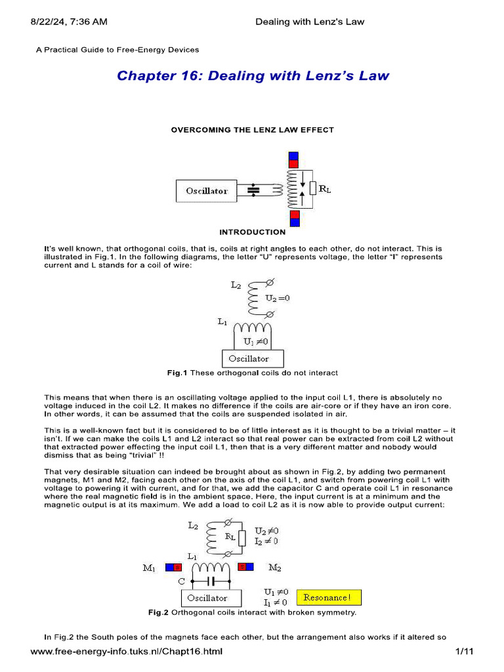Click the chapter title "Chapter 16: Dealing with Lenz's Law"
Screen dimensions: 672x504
coord(253,75)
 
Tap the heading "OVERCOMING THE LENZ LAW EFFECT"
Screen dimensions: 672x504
coord(253,130)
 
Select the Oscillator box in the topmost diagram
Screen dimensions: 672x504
coord(207,191)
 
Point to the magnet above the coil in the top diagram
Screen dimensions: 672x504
coord(293,159)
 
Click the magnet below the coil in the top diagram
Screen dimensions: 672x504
coord(295,219)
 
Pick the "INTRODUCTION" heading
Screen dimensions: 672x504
coord(253,232)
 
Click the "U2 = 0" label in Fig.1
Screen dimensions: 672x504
coord(277,298)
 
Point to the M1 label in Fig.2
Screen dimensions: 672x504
coord(150,568)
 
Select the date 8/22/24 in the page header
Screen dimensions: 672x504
coord(50,22)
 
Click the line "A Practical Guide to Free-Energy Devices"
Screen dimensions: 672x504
coord(117,50)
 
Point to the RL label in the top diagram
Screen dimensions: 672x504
coord(325,189)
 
